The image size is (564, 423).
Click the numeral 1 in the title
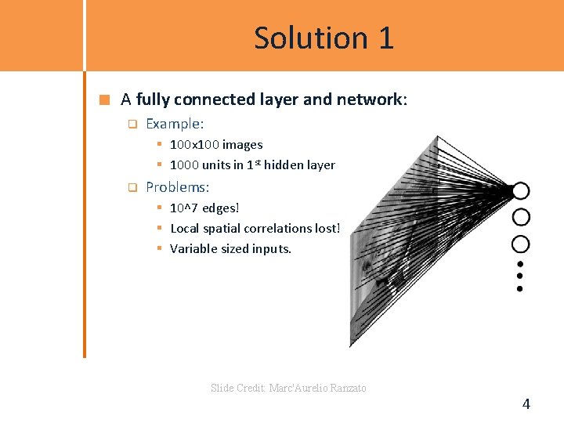tap(385, 38)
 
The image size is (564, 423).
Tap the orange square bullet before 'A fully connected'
tap(104, 99)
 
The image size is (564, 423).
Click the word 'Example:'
tap(175, 124)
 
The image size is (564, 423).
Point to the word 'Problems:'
tap(178, 187)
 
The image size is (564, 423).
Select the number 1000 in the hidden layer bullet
tap(184, 165)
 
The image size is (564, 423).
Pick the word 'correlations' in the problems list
tap(273, 229)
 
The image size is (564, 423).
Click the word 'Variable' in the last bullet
tap(193, 249)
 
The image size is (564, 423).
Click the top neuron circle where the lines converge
tap(520, 190)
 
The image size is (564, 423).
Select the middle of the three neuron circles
tap(520, 217)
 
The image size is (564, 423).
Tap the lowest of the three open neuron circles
tap(520, 243)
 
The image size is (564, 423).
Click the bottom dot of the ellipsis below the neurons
tap(519, 288)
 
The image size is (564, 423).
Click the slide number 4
tap(526, 404)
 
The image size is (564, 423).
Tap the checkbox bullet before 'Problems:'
tap(132, 187)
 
